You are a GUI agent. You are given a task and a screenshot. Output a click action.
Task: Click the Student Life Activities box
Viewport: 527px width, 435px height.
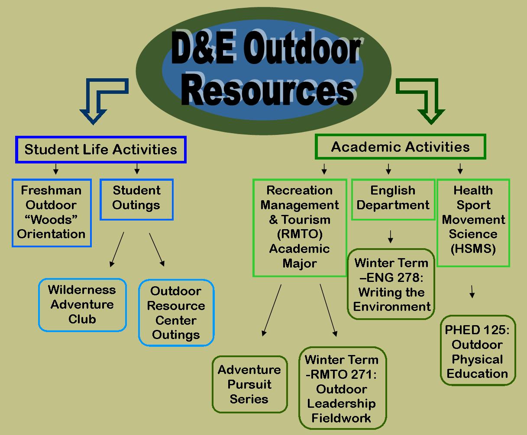[100, 150]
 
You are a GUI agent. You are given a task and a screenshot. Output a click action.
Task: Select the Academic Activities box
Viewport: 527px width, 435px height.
[401, 147]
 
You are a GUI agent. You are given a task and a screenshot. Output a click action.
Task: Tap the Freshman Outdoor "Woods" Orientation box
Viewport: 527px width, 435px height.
[52, 212]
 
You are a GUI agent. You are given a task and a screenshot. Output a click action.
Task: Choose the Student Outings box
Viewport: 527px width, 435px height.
[136, 198]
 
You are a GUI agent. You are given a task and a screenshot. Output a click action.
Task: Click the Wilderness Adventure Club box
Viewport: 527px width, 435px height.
[82, 304]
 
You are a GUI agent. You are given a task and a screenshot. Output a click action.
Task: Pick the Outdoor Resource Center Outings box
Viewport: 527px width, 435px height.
[176, 313]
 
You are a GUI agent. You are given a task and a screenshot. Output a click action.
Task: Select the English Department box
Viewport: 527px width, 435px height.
[393, 198]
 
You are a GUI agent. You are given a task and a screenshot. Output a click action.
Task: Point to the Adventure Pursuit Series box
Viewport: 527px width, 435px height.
[249, 384]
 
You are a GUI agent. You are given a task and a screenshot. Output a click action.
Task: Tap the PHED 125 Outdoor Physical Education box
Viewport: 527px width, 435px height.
[478, 352]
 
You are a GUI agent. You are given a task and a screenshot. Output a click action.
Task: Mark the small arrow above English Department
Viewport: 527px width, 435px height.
[388, 168]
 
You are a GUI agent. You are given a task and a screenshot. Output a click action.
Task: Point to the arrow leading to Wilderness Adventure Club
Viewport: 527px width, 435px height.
[117, 249]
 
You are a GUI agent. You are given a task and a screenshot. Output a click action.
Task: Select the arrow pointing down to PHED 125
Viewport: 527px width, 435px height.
[472, 291]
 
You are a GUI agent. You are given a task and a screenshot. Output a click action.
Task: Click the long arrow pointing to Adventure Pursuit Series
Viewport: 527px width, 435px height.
[272, 310]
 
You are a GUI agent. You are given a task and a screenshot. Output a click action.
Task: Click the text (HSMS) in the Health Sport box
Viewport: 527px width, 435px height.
[473, 249]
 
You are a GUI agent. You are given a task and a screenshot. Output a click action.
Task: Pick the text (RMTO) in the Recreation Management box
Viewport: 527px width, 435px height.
[300, 234]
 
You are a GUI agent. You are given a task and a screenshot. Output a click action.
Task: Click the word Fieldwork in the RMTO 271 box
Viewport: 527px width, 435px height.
[341, 418]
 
